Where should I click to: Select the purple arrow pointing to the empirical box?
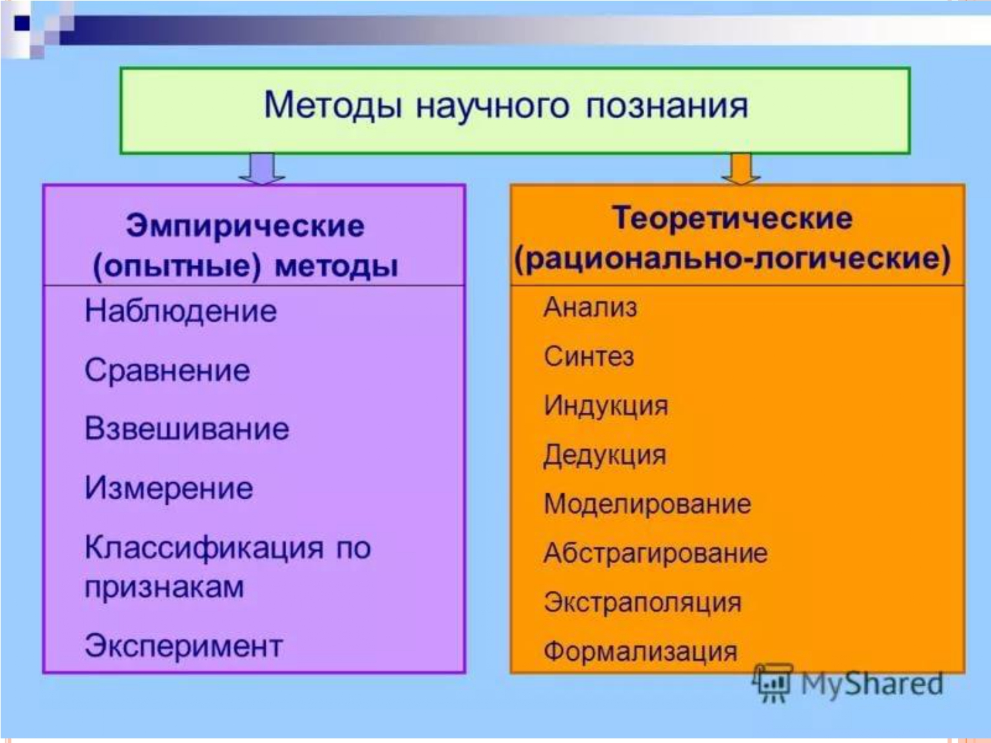tap(262, 168)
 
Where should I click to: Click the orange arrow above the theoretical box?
tap(741, 168)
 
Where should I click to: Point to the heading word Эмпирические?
tap(245, 226)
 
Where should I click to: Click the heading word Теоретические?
tap(733, 219)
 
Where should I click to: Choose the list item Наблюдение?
tap(180, 311)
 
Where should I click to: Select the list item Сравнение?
tap(167, 371)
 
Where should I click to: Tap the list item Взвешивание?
tap(187, 428)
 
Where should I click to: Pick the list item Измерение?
tap(169, 488)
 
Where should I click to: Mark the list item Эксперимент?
tap(184, 646)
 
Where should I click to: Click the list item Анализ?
tap(591, 308)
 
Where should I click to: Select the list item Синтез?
tap(589, 357)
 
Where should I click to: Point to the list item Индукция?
tap(606, 406)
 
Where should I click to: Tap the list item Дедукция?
tap(605, 455)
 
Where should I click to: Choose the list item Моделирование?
tap(647, 504)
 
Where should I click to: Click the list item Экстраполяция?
tap(642, 603)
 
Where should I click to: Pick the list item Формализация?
tap(640, 651)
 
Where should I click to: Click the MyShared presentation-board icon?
tap(773, 683)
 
